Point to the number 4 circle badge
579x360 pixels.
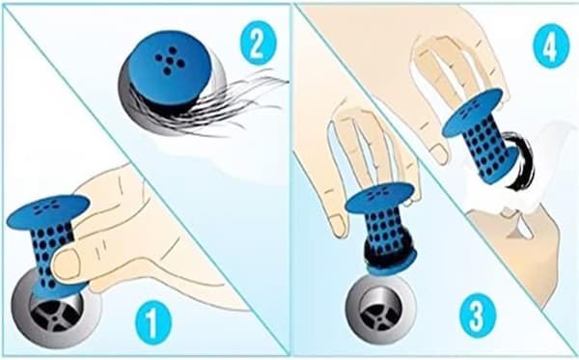[551, 45]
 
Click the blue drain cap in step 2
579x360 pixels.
[170, 69]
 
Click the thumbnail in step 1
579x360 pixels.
[67, 263]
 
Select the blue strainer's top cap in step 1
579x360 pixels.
[48, 211]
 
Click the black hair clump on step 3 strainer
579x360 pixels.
[390, 251]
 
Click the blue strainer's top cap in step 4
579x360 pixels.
[473, 112]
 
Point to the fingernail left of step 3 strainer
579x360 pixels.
[338, 227]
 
